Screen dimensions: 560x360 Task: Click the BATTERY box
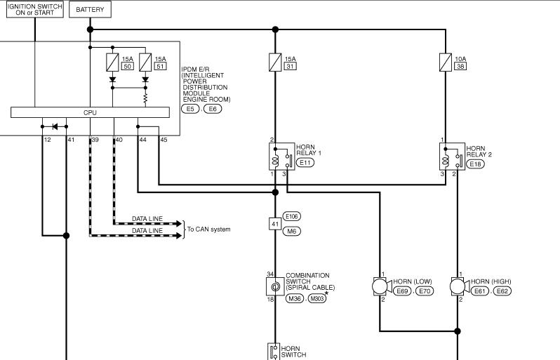pos(90,10)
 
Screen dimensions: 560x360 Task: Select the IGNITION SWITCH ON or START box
pos(35,10)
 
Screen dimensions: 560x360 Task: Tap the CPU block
pos(90,112)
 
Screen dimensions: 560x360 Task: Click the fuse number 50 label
pos(128,66)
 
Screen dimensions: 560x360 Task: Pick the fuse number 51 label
pos(161,66)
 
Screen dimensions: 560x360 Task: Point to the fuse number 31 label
pos(291,66)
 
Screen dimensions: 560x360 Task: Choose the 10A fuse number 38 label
pos(461,66)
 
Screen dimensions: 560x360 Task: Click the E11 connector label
pos(305,163)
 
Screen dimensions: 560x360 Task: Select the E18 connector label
pos(475,164)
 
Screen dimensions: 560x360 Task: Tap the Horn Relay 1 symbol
pos(282,156)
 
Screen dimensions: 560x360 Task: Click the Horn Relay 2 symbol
pos(452,156)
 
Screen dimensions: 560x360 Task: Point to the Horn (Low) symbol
pos(382,286)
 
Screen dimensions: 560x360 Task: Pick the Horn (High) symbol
pos(460,286)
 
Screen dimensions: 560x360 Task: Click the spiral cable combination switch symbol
pos(275,286)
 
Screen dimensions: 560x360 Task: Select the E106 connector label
pos(292,216)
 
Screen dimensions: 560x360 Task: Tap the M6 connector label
pos(292,232)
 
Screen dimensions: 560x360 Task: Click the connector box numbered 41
pos(275,224)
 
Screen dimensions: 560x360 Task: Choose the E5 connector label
pos(190,109)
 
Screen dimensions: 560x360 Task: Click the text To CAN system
pos(208,229)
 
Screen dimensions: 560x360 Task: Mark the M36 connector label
pos(295,298)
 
